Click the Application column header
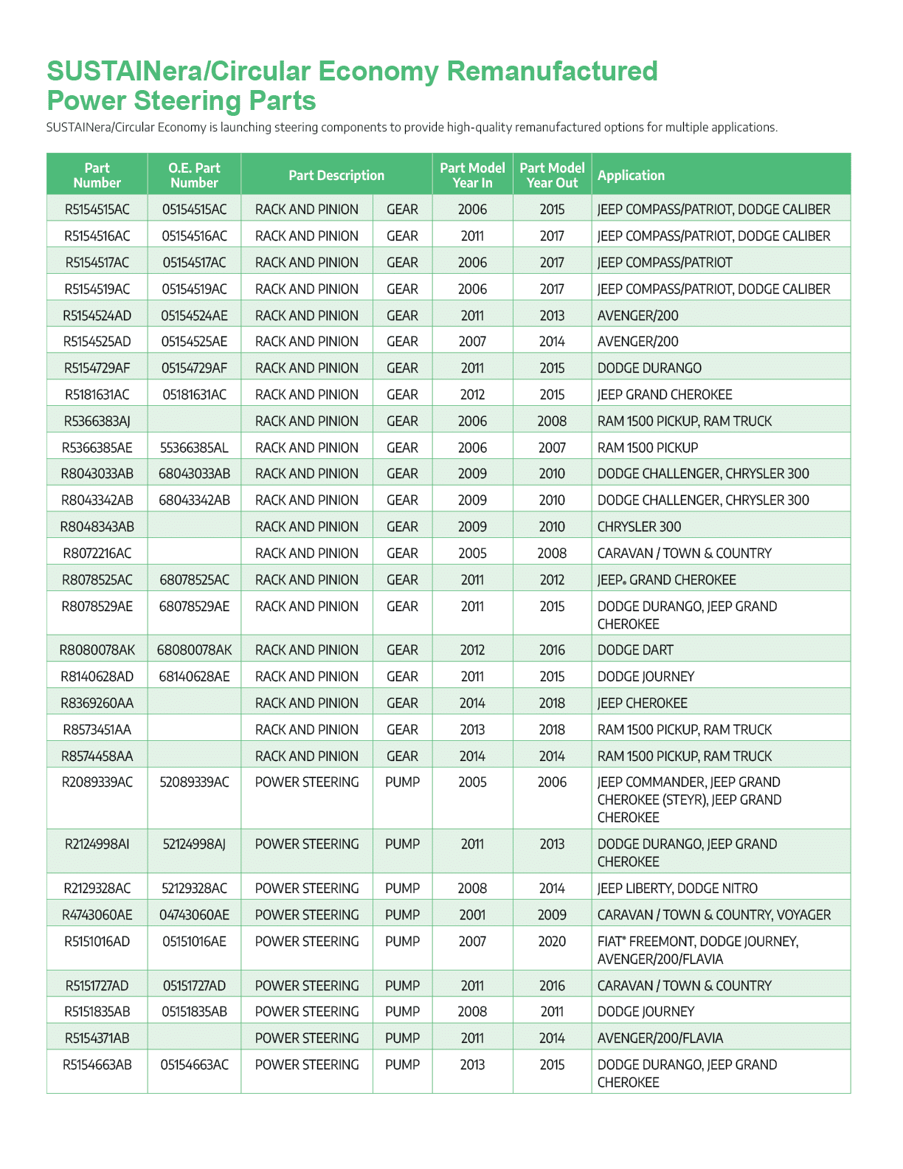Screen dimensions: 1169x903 coord(631,176)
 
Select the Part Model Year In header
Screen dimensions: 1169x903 coord(472,176)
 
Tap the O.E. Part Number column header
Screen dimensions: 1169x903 coord(194,176)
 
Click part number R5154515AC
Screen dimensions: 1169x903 coord(97,210)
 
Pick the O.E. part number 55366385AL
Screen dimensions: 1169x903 coord(194,448)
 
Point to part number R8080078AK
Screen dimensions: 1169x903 coord(97,650)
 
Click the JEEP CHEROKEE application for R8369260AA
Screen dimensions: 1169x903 coord(642,703)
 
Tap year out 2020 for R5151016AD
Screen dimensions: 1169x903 coord(552,942)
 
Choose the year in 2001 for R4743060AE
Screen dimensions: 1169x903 coord(472,915)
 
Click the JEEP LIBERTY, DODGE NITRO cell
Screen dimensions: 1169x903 coord(677,889)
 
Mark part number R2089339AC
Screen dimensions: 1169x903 coord(97,782)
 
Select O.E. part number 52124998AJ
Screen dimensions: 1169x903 coord(194,844)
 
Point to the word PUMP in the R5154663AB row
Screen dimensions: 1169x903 coord(402,1065)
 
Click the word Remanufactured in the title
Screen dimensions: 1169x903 coord(552,72)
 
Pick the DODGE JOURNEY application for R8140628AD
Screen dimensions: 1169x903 coord(646,677)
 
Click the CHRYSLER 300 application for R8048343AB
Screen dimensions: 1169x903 coord(639,527)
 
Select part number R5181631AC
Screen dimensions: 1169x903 coord(97,395)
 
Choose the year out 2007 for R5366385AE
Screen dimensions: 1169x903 coord(552,448)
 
